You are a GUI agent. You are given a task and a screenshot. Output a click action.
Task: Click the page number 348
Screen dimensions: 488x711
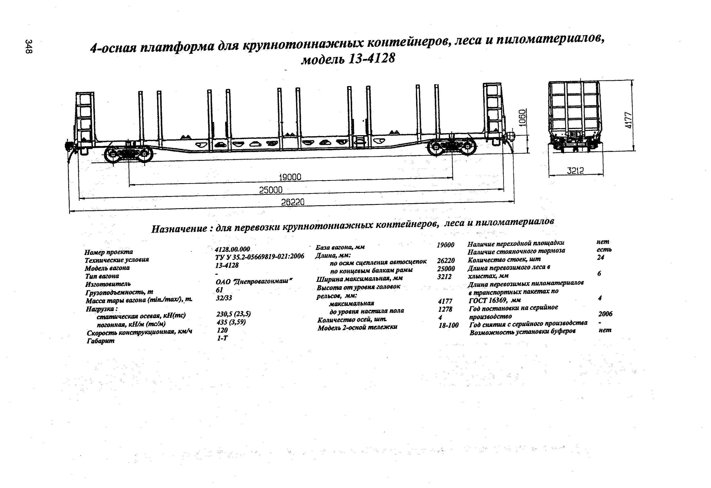[x=29, y=47]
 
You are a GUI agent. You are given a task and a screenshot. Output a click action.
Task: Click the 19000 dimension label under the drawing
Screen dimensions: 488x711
[x=290, y=177]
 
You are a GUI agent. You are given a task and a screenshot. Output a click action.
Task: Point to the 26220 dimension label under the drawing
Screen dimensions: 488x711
[x=293, y=202]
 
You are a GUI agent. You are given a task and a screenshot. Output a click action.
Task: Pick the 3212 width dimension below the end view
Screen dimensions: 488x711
[x=575, y=171]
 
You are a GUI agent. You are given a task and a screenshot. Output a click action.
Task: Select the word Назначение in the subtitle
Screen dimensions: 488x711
[x=179, y=229]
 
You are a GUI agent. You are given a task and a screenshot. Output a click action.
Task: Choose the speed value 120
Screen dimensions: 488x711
[x=222, y=330]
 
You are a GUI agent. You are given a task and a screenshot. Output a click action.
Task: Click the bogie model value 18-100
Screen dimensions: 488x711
[x=448, y=325]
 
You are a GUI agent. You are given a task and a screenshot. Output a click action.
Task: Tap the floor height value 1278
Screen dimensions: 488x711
[x=445, y=309]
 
